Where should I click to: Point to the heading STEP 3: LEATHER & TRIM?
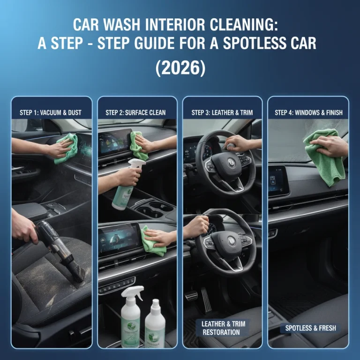(222, 112)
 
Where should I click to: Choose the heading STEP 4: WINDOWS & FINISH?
(308, 112)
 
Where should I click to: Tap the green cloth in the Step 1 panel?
(66, 148)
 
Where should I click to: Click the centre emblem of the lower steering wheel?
(232, 240)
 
